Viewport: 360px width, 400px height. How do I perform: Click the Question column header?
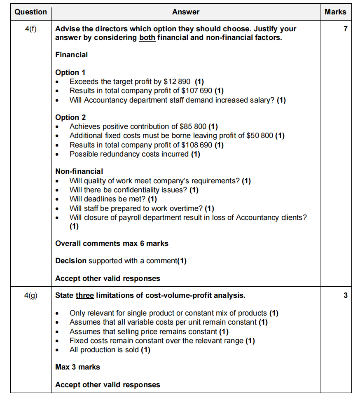(30, 12)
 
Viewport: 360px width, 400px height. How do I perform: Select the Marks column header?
(335, 12)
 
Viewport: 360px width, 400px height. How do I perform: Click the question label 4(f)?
(30, 29)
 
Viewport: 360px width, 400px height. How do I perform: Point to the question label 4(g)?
(30, 295)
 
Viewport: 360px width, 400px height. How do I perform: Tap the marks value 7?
(345, 29)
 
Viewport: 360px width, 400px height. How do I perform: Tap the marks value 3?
(345, 295)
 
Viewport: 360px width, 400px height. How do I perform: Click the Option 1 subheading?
(70, 73)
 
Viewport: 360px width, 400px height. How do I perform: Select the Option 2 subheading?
(70, 118)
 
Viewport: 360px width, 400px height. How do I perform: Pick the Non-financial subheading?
(79, 171)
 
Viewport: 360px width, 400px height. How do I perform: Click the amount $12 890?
(177, 82)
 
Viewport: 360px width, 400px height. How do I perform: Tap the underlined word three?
(85, 295)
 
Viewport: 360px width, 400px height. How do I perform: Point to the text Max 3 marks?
(78, 367)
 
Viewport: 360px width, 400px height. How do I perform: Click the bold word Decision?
(71, 261)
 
